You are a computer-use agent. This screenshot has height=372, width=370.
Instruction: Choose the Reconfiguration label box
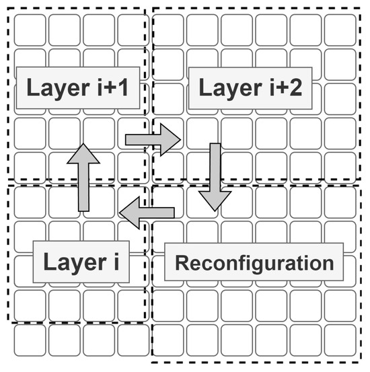pos(254,262)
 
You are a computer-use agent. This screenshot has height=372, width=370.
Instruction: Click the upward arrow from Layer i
pos(83,178)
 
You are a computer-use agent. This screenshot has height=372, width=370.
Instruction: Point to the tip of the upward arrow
pos(83,145)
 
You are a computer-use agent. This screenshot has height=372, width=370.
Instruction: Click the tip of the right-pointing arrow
pos(179,139)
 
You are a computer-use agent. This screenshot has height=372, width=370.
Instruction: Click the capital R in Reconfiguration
pos(182,262)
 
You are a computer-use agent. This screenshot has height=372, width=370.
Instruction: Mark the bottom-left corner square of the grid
pos(30,340)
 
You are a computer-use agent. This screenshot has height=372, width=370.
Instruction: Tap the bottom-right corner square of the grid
pos(340,340)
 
